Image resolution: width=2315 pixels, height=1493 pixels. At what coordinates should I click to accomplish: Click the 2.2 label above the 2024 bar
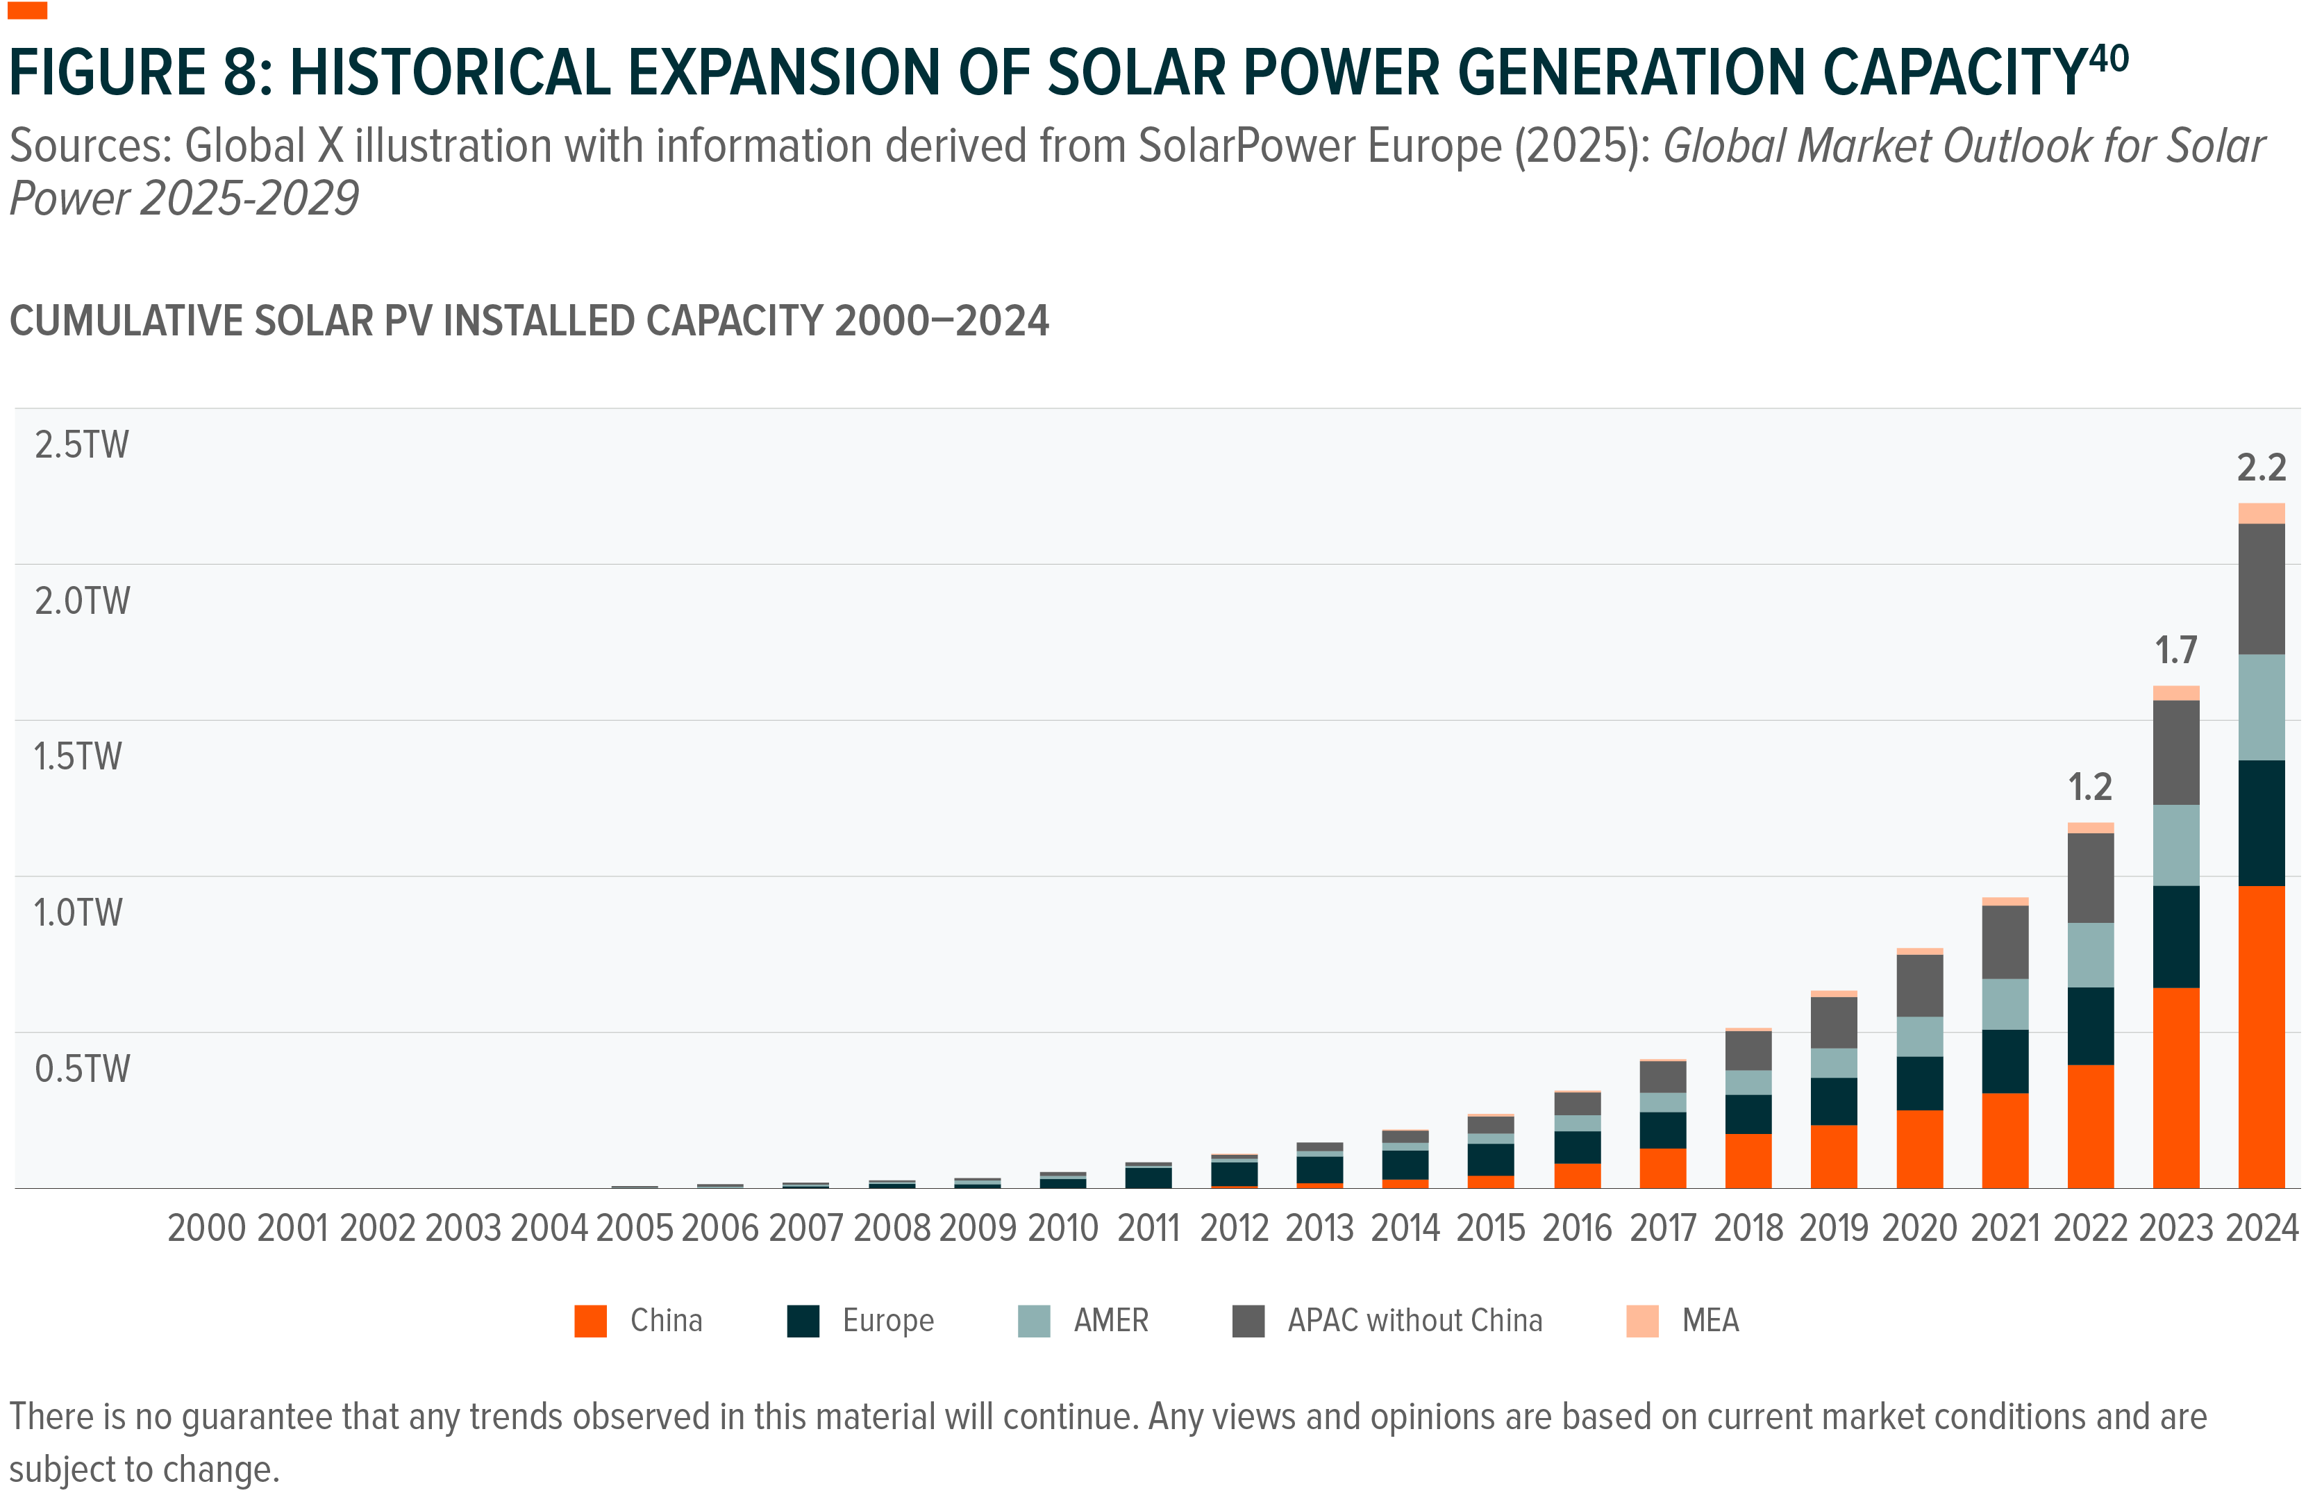click(x=2261, y=468)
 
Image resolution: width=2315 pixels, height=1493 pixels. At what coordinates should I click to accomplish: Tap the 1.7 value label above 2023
click(x=2175, y=651)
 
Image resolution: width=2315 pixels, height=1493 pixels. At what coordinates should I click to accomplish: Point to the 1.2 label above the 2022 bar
click(x=2089, y=787)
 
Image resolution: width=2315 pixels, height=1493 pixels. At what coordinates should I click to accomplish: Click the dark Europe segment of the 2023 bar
click(x=2175, y=937)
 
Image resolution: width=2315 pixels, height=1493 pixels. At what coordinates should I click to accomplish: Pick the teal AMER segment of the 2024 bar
click(x=2261, y=707)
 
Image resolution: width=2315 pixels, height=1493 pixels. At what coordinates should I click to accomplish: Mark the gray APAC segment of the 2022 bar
click(x=2090, y=877)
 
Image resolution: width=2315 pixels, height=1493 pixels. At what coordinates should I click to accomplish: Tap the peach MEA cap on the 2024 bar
click(x=2261, y=513)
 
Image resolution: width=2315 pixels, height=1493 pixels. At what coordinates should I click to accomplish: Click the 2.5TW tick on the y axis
click(x=81, y=445)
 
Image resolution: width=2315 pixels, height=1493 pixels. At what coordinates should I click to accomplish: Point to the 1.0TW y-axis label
click(x=78, y=913)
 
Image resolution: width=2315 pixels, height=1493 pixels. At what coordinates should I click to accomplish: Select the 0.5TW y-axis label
click(x=81, y=1069)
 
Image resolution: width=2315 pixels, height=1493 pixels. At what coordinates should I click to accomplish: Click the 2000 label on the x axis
click(x=206, y=1228)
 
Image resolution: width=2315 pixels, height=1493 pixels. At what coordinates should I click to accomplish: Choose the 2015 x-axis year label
click(x=1491, y=1228)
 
